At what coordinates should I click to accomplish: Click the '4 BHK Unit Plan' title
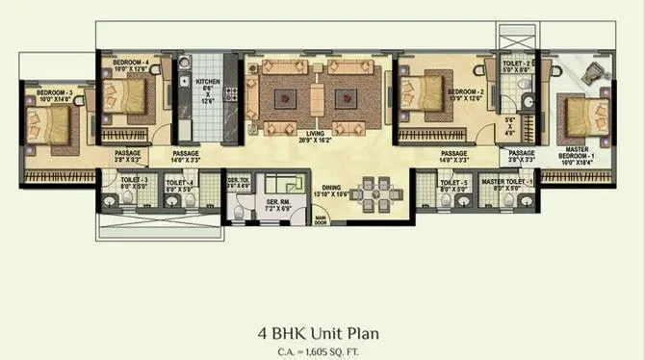(x=322, y=334)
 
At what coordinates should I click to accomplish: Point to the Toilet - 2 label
(x=517, y=66)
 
